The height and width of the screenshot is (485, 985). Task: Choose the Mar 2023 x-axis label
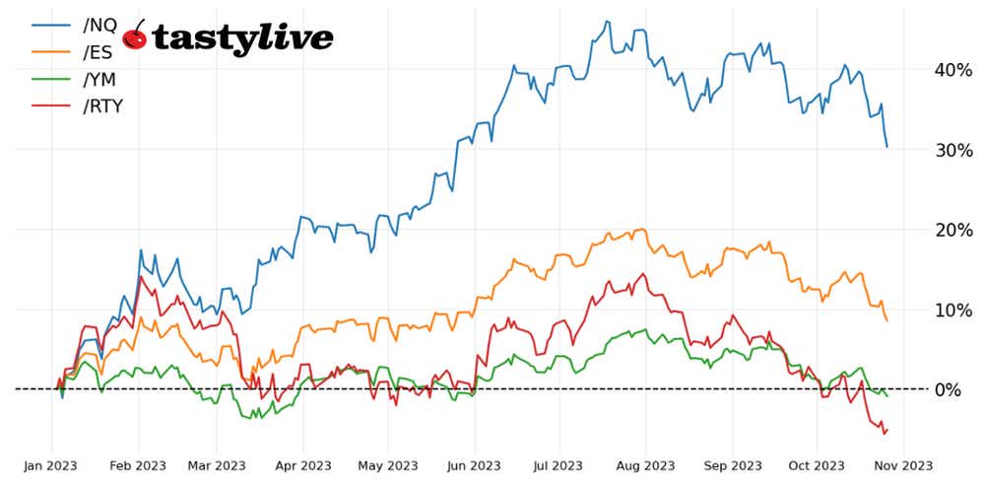[216, 465]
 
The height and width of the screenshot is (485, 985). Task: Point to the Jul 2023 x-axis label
[558, 465]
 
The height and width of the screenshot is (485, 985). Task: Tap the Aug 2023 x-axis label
[645, 465]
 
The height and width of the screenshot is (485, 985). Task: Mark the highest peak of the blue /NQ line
[607, 22]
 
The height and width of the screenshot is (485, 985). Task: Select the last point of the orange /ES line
[887, 320]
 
